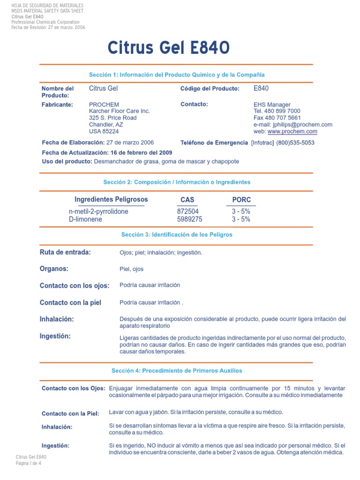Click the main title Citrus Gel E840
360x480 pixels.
168,47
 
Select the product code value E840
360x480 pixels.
261,88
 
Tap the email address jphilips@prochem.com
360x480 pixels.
300,125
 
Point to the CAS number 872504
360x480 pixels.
187,211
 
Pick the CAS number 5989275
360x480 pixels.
189,219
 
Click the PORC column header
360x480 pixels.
241,200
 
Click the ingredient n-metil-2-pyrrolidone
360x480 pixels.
98,211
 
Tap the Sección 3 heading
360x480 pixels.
177,234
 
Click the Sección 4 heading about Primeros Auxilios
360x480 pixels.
177,370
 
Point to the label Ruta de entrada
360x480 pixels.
65,252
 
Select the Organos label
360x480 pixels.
54,269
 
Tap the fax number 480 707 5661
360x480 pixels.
284,118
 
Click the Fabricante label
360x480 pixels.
57,105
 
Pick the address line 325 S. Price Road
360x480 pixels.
112,118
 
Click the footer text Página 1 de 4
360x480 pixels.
29,463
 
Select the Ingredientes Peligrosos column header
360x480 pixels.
111,199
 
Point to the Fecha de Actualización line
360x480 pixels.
107,153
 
